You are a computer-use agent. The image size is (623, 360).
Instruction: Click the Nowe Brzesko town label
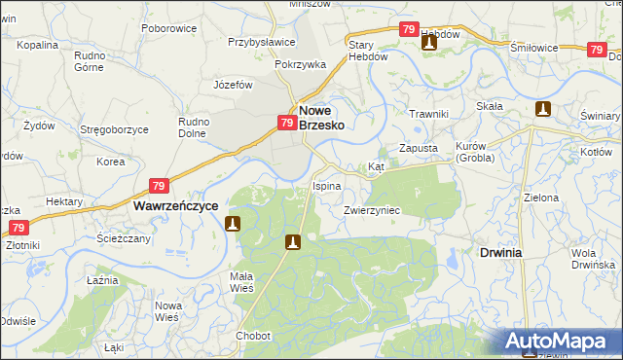point(320,118)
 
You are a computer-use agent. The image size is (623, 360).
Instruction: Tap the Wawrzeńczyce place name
point(173,206)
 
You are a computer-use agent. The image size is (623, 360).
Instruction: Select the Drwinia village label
point(501,252)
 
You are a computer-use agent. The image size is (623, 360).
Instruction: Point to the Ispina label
point(326,185)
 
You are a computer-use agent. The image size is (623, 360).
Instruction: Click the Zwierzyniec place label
point(372,209)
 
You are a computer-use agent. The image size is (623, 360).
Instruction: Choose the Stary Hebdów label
point(369,51)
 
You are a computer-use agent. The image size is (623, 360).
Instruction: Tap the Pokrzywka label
point(300,64)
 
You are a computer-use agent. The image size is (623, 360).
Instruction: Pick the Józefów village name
point(233,85)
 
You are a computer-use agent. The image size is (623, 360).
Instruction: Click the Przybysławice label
point(262,43)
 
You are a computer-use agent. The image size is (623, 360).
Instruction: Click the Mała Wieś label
point(241,281)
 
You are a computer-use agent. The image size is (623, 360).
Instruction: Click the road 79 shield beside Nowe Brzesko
point(287,123)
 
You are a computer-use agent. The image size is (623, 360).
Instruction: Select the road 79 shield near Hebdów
point(410,30)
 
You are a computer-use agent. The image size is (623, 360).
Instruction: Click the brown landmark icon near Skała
point(543,110)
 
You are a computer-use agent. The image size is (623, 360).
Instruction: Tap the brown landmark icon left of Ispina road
point(233,224)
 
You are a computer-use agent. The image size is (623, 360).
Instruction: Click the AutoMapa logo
point(561,342)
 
